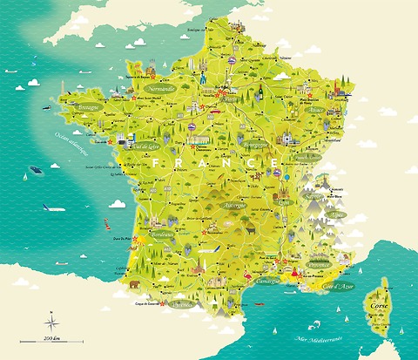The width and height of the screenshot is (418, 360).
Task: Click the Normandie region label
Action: click(x=162, y=88)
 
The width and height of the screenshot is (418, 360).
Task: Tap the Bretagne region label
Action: click(x=89, y=107)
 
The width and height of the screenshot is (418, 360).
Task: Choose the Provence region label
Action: click(x=320, y=262)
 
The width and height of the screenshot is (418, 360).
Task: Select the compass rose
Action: click(x=50, y=315)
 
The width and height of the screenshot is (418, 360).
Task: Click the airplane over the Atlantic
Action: click(x=51, y=208)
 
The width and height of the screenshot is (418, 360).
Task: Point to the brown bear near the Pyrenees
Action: click(x=136, y=283)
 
